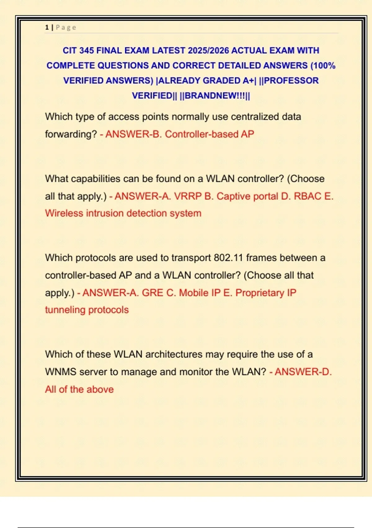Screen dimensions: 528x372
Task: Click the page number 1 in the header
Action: (x=47, y=27)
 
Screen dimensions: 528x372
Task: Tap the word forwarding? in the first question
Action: (x=71, y=134)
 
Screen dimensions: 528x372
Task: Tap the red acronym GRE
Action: (x=152, y=293)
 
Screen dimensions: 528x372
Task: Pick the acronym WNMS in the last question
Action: (x=60, y=372)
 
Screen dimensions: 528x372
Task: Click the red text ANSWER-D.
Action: (x=303, y=372)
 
